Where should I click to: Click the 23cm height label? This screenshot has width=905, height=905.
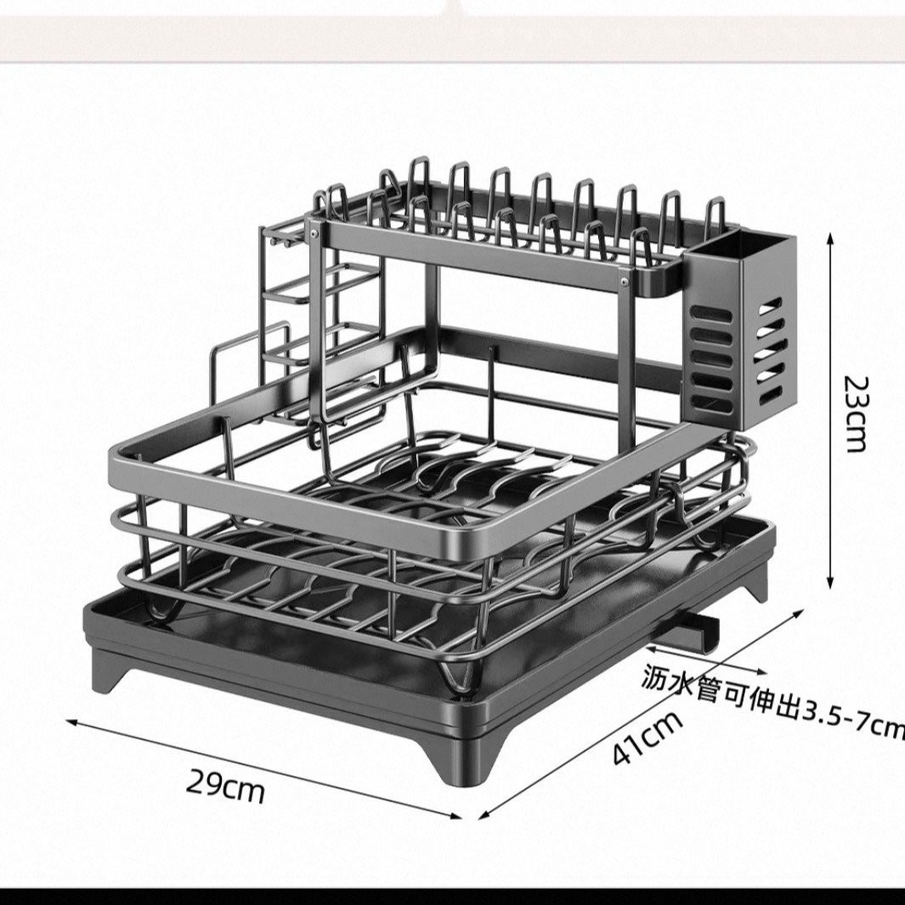[856, 414]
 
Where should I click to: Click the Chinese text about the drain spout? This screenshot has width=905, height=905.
[773, 699]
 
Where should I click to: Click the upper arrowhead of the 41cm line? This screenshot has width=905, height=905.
[800, 612]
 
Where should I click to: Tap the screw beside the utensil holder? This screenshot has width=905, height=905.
[625, 281]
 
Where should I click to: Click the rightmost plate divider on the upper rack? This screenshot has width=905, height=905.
[716, 213]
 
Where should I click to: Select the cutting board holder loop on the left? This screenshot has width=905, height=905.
[249, 347]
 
